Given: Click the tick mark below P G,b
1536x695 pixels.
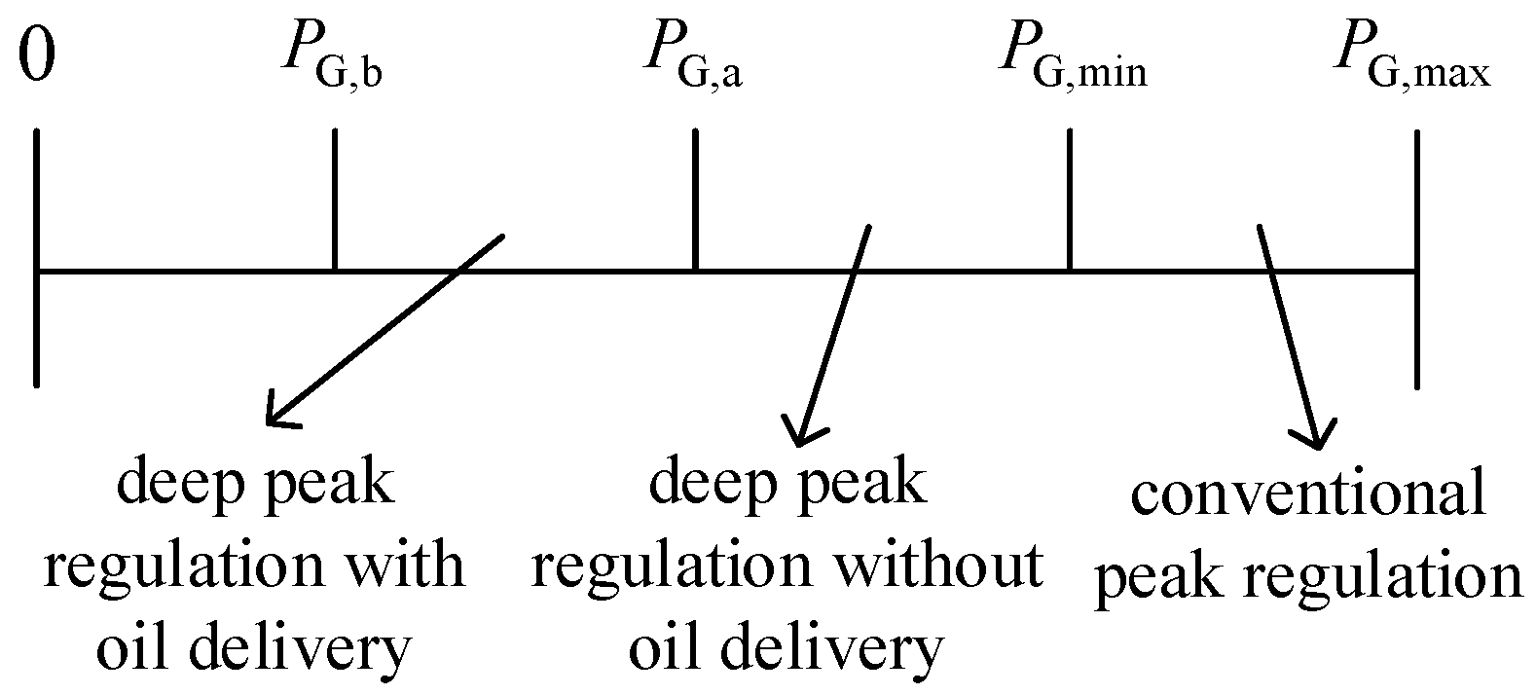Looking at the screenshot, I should point(334,200).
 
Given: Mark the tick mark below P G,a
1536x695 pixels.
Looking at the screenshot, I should point(695,200).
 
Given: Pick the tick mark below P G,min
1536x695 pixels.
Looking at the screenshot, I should point(1070,200).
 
